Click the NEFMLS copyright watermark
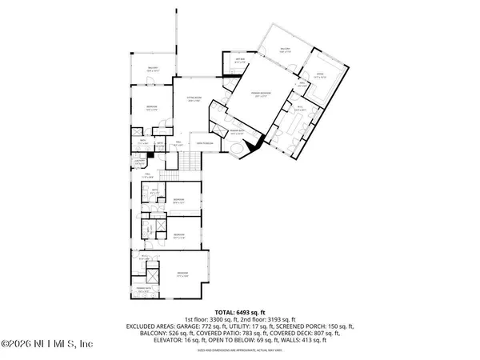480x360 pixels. (x=48, y=345)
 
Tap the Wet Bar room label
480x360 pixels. (x=239, y=61)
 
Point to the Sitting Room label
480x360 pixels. (x=192, y=98)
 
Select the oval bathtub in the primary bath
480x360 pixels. (x=238, y=153)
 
